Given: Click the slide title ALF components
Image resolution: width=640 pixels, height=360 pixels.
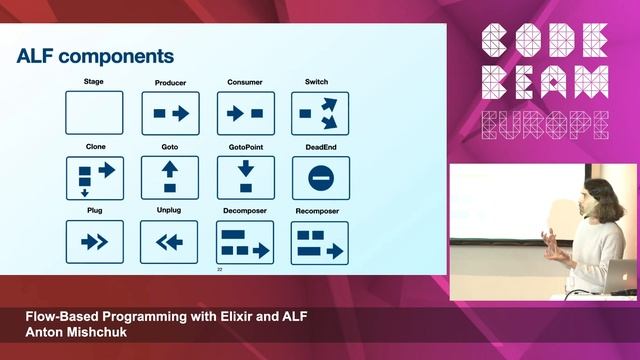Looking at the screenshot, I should [x=95, y=56].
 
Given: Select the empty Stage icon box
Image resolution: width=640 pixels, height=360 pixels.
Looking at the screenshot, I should [x=94, y=113].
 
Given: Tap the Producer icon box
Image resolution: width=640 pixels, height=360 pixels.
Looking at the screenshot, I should [x=170, y=113].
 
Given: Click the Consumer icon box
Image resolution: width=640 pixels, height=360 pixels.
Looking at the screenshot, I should [x=245, y=113].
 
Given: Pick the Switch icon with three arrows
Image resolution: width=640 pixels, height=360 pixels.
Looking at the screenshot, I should [x=320, y=113].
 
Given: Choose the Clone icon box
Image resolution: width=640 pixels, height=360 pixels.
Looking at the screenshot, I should [x=94, y=177].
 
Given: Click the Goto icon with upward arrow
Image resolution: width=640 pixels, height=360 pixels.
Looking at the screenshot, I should [x=170, y=177].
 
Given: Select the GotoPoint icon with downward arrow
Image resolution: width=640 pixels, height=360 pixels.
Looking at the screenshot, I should [x=245, y=177].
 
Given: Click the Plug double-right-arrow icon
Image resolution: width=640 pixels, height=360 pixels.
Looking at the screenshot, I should [x=94, y=241].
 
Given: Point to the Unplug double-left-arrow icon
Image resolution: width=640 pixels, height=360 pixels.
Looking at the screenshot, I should [x=170, y=241].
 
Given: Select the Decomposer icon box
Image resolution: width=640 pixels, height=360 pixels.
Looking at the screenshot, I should [x=245, y=242].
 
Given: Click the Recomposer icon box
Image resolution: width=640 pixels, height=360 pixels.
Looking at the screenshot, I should [x=320, y=242].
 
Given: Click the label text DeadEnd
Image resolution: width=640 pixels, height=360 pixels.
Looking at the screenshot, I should [x=320, y=146].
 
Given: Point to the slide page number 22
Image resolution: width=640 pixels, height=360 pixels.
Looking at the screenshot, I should [x=220, y=269].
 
